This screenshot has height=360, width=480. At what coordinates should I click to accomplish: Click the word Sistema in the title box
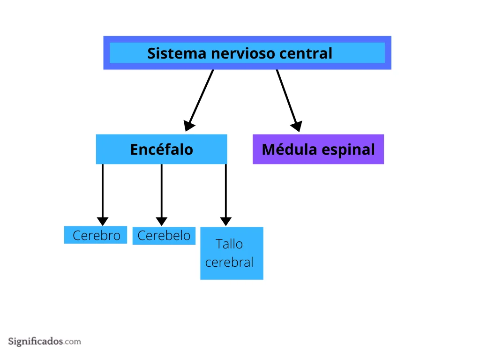pyautogui.click(x=177, y=53)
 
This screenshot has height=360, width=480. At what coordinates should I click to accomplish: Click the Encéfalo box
pyautogui.click(x=162, y=149)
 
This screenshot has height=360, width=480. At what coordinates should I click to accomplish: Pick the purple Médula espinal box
pyautogui.click(x=318, y=149)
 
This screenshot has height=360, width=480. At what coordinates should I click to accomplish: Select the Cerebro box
pyautogui.click(x=96, y=235)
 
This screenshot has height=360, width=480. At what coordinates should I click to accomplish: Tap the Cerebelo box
pyautogui.click(x=164, y=235)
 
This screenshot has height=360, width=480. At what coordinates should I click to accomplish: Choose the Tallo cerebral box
pyautogui.click(x=232, y=253)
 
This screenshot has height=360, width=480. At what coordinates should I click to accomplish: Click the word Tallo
pyautogui.click(x=229, y=244)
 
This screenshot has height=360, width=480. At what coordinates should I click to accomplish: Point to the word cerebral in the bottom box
pyautogui.click(x=229, y=262)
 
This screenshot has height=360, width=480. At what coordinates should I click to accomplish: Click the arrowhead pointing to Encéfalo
pyautogui.click(x=189, y=126)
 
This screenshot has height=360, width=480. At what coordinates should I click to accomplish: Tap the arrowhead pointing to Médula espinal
pyautogui.click(x=297, y=126)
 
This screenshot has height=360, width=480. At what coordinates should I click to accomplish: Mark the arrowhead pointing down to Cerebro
pyautogui.click(x=103, y=221)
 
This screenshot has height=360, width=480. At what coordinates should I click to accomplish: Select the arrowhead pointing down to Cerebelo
pyautogui.click(x=162, y=221)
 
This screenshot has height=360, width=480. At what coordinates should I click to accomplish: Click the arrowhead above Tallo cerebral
pyautogui.click(x=226, y=221)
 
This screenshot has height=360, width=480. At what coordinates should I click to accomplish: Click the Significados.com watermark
pyautogui.click(x=45, y=341)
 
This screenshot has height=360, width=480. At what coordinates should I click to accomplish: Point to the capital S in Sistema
pyautogui.click(x=152, y=53)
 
